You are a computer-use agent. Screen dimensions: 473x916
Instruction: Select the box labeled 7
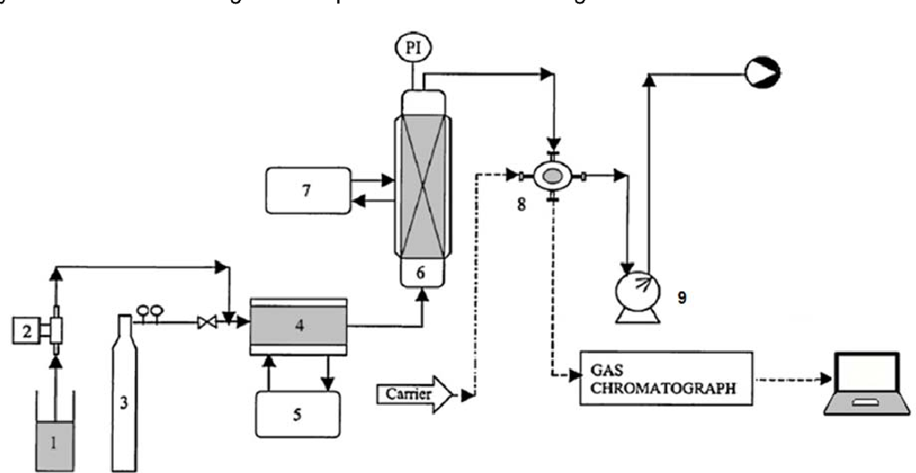tap(307, 190)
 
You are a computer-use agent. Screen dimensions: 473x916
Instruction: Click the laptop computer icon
tap(864, 386)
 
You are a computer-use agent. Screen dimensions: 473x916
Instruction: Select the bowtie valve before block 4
tap(204, 326)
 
